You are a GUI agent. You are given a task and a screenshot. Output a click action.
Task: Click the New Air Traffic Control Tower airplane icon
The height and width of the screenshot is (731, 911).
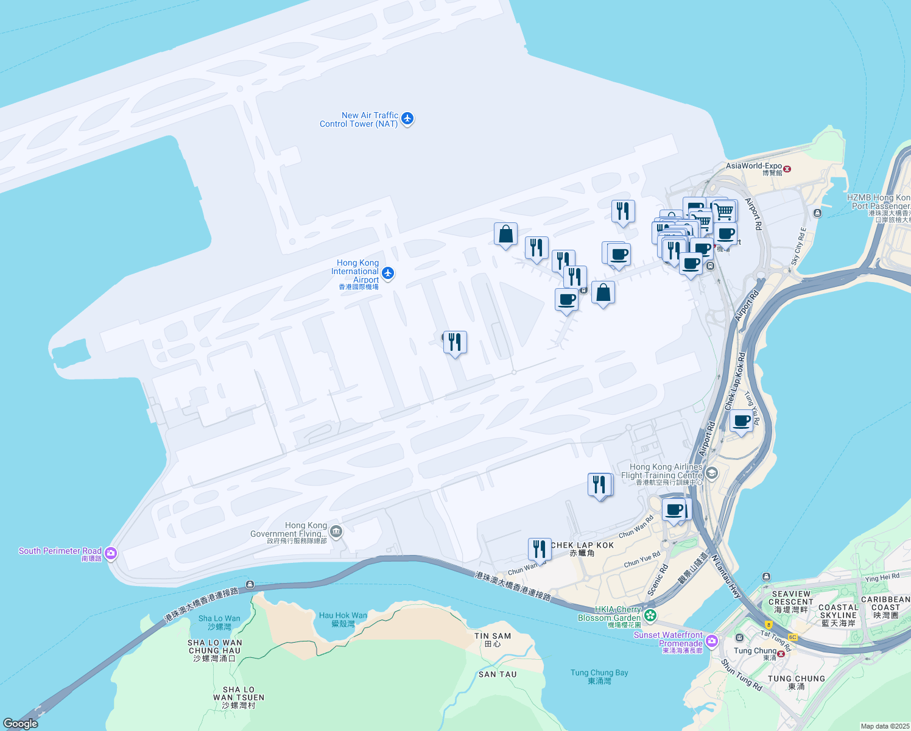click(x=407, y=119)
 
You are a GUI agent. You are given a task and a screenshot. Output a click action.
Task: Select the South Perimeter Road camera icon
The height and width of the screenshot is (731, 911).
click(x=110, y=553)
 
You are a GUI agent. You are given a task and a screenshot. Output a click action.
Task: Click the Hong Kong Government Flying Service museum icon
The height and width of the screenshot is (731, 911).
click(x=336, y=532)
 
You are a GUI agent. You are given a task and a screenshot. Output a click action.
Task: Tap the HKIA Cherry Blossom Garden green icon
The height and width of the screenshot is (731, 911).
click(x=650, y=615)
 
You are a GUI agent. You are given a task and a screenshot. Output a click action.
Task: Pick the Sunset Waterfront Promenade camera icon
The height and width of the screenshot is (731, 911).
click(x=712, y=641)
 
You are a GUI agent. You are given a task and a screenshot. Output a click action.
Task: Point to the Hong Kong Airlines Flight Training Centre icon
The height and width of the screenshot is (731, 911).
click(x=711, y=473)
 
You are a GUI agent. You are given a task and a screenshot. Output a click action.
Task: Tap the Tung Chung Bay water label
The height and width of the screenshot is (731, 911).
click(x=599, y=676)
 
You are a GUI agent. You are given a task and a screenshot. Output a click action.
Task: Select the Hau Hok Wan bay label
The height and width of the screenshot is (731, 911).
click(x=343, y=619)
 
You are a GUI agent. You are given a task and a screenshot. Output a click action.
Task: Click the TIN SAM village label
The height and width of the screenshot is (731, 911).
click(x=493, y=639)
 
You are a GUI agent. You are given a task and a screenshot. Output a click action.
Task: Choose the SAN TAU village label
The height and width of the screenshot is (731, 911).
click(x=498, y=674)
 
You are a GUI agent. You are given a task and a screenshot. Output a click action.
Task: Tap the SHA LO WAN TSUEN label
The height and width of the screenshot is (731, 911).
click(x=239, y=697)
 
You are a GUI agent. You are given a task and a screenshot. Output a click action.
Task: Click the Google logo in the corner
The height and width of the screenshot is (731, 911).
click(x=21, y=723)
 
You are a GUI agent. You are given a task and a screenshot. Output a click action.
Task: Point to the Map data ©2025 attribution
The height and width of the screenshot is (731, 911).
click(x=885, y=726)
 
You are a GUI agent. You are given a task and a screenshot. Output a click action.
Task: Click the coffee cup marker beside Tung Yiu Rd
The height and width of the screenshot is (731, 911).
click(x=742, y=421)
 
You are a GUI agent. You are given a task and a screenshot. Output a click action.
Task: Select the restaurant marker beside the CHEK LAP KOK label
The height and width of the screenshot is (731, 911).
click(x=540, y=549)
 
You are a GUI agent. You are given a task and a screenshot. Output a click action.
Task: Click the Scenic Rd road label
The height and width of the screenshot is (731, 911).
click(x=658, y=579)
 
